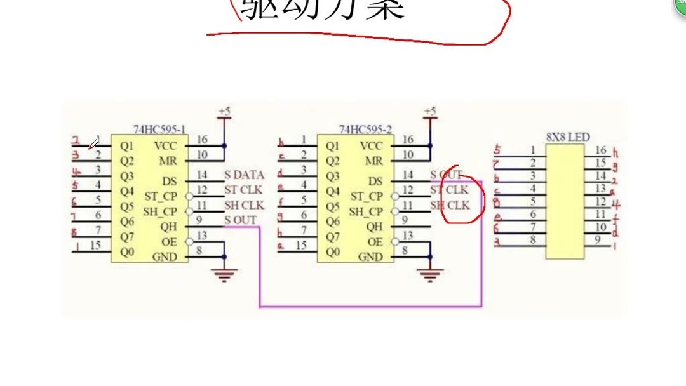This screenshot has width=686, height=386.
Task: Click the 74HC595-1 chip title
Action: click(159, 130)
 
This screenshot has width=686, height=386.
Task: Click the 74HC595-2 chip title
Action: click(365, 130)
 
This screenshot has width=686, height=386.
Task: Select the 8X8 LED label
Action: click(568, 137)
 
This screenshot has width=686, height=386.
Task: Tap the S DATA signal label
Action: click(244, 175)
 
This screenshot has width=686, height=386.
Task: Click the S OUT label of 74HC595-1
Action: click(241, 220)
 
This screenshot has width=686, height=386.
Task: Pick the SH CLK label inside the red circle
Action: click(450, 205)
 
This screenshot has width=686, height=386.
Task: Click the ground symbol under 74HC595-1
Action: click(224, 275)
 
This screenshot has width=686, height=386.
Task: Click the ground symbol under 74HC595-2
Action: click(430, 275)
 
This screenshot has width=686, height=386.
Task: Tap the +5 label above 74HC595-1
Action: click(224, 112)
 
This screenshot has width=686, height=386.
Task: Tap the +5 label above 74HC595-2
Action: click(430, 112)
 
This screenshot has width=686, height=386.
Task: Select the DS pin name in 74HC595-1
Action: click(170, 181)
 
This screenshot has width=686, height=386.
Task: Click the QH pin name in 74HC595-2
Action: click(375, 227)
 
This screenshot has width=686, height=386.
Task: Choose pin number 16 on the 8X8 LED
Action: click(601, 150)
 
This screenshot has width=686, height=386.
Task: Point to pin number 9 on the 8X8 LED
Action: click(598, 239)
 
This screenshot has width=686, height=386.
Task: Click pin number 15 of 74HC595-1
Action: click(95, 245)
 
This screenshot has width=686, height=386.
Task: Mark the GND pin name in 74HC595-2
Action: click(370, 257)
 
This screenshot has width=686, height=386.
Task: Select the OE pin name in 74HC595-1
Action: click(169, 242)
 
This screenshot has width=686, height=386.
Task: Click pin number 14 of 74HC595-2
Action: click(408, 175)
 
